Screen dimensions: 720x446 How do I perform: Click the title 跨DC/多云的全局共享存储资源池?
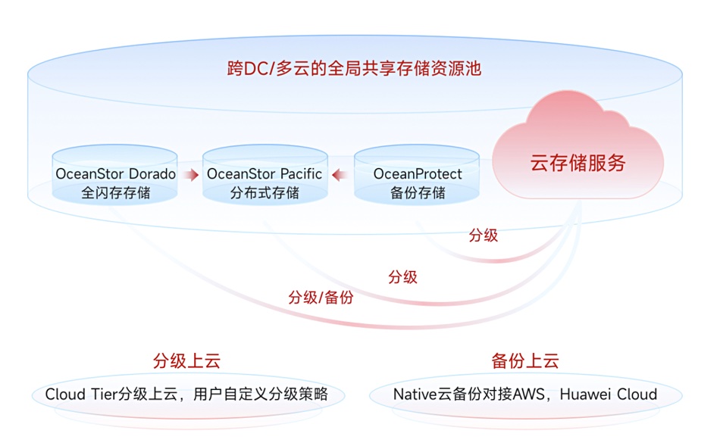354,68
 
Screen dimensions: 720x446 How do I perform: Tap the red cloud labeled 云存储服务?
578,147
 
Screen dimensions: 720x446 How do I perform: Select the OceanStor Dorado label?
115,174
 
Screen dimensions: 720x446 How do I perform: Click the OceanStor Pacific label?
264,174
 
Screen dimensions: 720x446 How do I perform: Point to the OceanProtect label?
418,174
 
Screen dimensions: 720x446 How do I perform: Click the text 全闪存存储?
116,193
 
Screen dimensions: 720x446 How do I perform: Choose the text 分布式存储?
265,193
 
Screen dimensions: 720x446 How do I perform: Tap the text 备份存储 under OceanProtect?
418,193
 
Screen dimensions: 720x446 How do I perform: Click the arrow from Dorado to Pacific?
190,174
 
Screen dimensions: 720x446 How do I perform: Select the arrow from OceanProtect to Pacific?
340,174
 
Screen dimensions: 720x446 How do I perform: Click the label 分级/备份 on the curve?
321,298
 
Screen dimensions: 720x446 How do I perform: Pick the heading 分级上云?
186,361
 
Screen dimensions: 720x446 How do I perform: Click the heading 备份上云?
525,361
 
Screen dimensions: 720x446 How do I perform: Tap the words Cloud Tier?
81,395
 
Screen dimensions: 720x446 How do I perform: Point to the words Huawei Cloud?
609,395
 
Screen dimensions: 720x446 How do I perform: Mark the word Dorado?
152,174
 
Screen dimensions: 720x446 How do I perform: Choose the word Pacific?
301,174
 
